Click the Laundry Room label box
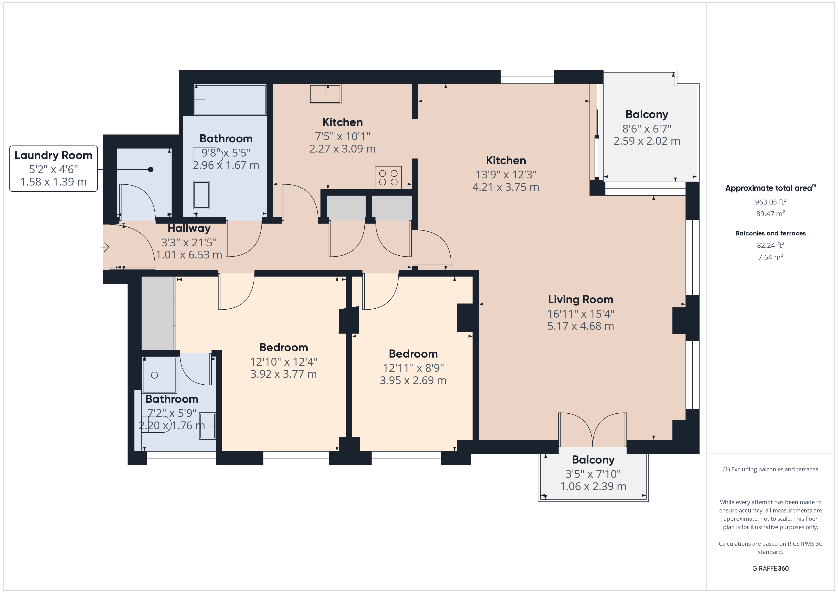pyautogui.click(x=53, y=168)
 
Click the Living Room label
pyautogui.click(x=580, y=299)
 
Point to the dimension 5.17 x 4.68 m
pyautogui.click(x=580, y=326)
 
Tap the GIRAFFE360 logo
pyautogui.click(x=770, y=568)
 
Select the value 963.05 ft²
pyautogui.click(x=770, y=202)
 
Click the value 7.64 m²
pyautogui.click(x=770, y=257)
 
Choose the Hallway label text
pyautogui.click(x=189, y=228)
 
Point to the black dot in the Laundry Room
pyautogui.click(x=150, y=169)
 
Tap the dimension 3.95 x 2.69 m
pyautogui.click(x=413, y=380)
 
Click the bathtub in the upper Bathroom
pyautogui.click(x=230, y=100)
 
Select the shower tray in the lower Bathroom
pyautogui.click(x=159, y=375)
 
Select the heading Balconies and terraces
pyautogui.click(x=770, y=233)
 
